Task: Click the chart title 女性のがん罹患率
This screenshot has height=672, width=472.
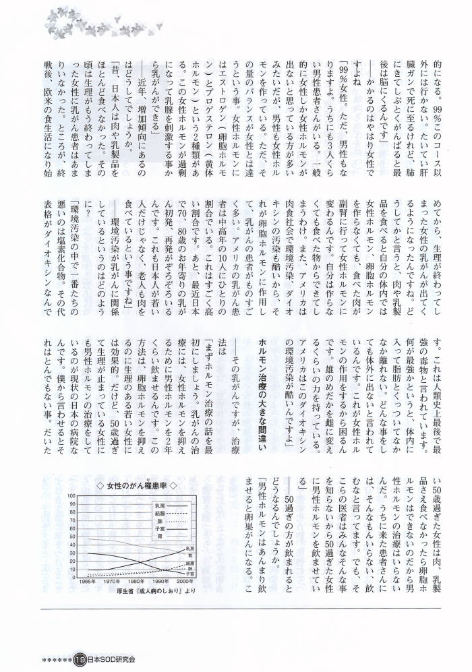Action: pos(141,485)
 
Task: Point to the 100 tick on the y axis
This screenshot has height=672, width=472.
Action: pos(71,496)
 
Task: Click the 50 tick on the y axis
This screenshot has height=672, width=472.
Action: pos(73,537)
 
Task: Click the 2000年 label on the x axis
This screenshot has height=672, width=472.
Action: pos(184,581)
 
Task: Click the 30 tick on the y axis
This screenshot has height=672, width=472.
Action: pos(73,553)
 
